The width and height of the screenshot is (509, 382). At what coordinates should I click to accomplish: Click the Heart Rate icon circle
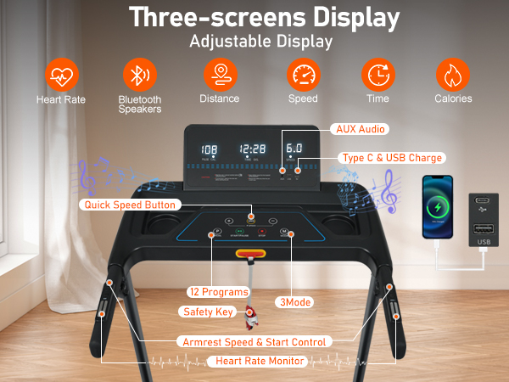point(60,75)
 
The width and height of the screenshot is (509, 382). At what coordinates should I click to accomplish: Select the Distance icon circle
point(219,75)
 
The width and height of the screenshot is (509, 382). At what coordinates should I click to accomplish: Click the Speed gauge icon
point(303,75)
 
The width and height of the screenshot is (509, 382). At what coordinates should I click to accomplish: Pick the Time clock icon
point(378,75)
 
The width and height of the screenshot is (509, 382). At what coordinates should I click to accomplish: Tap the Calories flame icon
point(453,75)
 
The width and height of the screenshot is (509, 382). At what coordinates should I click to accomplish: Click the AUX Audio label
point(359,129)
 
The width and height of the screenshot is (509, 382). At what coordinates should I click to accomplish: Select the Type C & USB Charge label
point(391,158)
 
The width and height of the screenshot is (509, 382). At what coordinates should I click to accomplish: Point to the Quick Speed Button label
point(130,205)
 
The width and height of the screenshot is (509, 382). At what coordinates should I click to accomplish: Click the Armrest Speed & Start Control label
point(254,341)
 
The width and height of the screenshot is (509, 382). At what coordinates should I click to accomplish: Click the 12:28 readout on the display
point(252,149)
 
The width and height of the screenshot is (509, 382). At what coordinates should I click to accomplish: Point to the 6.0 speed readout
point(294,148)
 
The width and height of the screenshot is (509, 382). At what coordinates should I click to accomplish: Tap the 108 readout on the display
point(209,150)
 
